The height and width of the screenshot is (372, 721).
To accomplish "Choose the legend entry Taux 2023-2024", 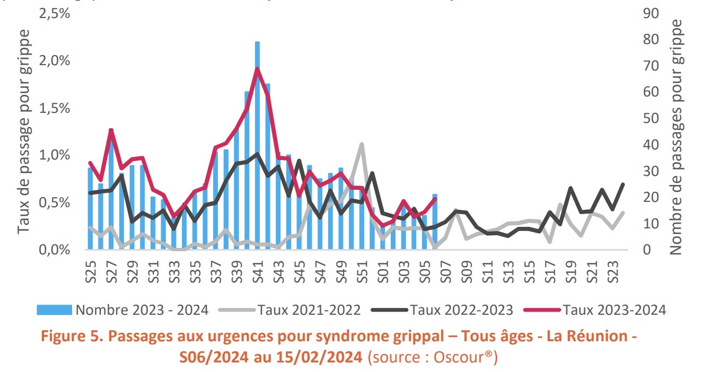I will tap(613, 310).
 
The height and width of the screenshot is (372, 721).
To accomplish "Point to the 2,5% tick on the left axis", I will tap(55, 14).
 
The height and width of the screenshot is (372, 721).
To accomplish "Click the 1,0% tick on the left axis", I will tap(55, 155).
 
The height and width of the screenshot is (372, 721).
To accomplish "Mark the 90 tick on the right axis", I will tap(650, 14).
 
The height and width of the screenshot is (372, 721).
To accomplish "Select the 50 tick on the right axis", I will tap(650, 119).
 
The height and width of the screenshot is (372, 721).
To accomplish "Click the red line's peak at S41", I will tap(257, 69).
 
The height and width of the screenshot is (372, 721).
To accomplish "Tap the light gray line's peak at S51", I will tap(361, 144).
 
